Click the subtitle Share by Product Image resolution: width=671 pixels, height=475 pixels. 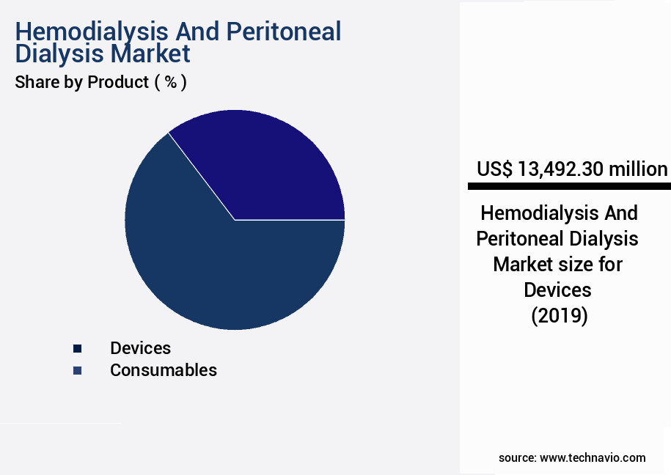(81, 82)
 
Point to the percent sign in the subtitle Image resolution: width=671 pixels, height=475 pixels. (170, 82)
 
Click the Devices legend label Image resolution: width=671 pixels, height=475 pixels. (140, 348)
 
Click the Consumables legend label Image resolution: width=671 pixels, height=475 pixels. (163, 370)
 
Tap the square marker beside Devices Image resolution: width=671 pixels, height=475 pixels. (77, 349)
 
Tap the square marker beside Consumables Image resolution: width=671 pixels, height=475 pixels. (77, 371)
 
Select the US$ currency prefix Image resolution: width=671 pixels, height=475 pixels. (494, 169)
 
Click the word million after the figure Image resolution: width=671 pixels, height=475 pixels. (637, 169)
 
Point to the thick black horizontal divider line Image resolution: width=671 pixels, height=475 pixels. (569, 187)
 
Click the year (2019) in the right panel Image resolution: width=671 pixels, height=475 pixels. (559, 316)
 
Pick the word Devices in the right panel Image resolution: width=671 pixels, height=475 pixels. (557, 290)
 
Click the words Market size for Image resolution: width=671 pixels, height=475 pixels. (557, 264)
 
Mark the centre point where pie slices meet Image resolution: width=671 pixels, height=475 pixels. (235, 220)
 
